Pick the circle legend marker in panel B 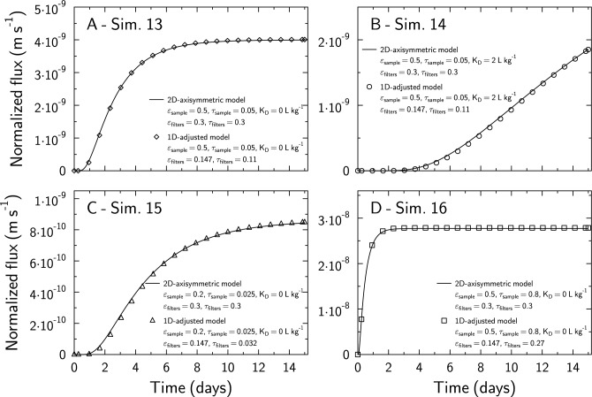368,87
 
